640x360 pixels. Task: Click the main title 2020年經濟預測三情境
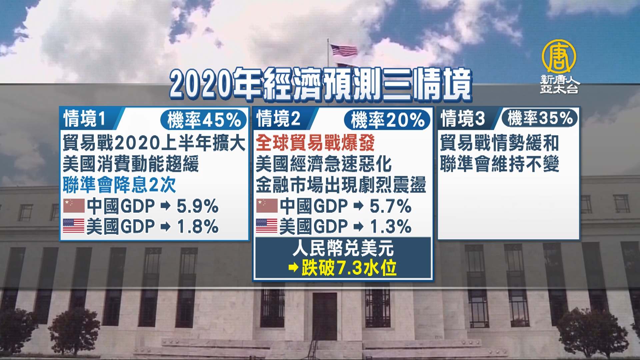coord(321,84)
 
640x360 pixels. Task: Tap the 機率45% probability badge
coord(204,120)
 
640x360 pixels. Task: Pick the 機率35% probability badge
coord(540,118)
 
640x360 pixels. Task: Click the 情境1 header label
coord(85,119)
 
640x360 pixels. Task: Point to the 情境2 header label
coord(279,119)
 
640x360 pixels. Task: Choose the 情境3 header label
coord(463,119)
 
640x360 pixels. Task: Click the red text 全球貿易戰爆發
coord(315,143)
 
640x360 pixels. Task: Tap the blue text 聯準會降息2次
coord(119,185)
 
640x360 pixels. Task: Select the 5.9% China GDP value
coord(197,206)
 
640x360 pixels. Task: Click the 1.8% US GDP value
coord(197,227)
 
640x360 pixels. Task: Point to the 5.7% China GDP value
coord(391,206)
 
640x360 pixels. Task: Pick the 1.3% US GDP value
coord(391,227)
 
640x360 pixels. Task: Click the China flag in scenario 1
coord(74,206)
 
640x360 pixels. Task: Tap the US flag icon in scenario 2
coord(267,226)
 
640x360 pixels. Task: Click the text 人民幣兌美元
coord(343,248)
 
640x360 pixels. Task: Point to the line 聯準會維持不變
coord(499,164)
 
